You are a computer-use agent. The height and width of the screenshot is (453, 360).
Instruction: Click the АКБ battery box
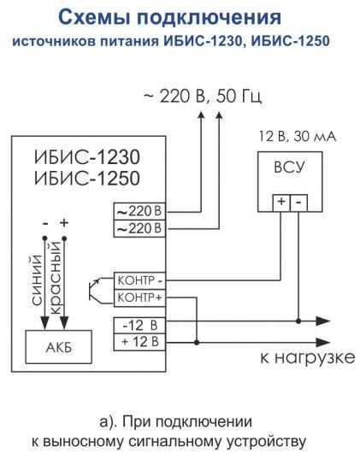point(59,347)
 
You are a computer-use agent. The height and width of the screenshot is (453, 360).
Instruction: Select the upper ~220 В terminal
point(139,211)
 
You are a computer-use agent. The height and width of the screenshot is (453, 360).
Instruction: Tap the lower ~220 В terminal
point(139,229)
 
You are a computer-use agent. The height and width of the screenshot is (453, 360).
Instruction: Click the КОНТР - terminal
point(140,280)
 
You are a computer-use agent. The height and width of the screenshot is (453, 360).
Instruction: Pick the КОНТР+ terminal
point(140,297)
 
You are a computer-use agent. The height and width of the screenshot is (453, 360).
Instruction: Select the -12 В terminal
point(140,326)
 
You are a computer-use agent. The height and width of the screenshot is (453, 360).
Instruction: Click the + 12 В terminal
point(140,343)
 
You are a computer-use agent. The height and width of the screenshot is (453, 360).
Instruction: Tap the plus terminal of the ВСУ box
point(281,203)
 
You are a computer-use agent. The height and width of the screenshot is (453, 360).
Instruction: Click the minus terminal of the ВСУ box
point(298,203)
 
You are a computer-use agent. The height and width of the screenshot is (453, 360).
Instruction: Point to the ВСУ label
point(289,168)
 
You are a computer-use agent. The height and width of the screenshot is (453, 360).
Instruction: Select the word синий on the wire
point(37,280)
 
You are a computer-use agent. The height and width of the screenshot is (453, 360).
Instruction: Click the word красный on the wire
point(56,279)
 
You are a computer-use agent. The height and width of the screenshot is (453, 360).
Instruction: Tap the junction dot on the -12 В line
point(298,321)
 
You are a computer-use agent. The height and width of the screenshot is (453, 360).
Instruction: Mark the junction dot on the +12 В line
point(197,343)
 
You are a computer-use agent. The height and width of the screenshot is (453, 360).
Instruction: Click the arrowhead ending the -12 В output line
point(322,321)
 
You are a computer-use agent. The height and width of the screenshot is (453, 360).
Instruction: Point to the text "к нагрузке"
point(308,357)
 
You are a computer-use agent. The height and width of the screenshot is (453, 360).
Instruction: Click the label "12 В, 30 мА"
point(298,137)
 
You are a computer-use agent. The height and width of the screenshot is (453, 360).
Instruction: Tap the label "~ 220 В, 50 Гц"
point(204,97)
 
